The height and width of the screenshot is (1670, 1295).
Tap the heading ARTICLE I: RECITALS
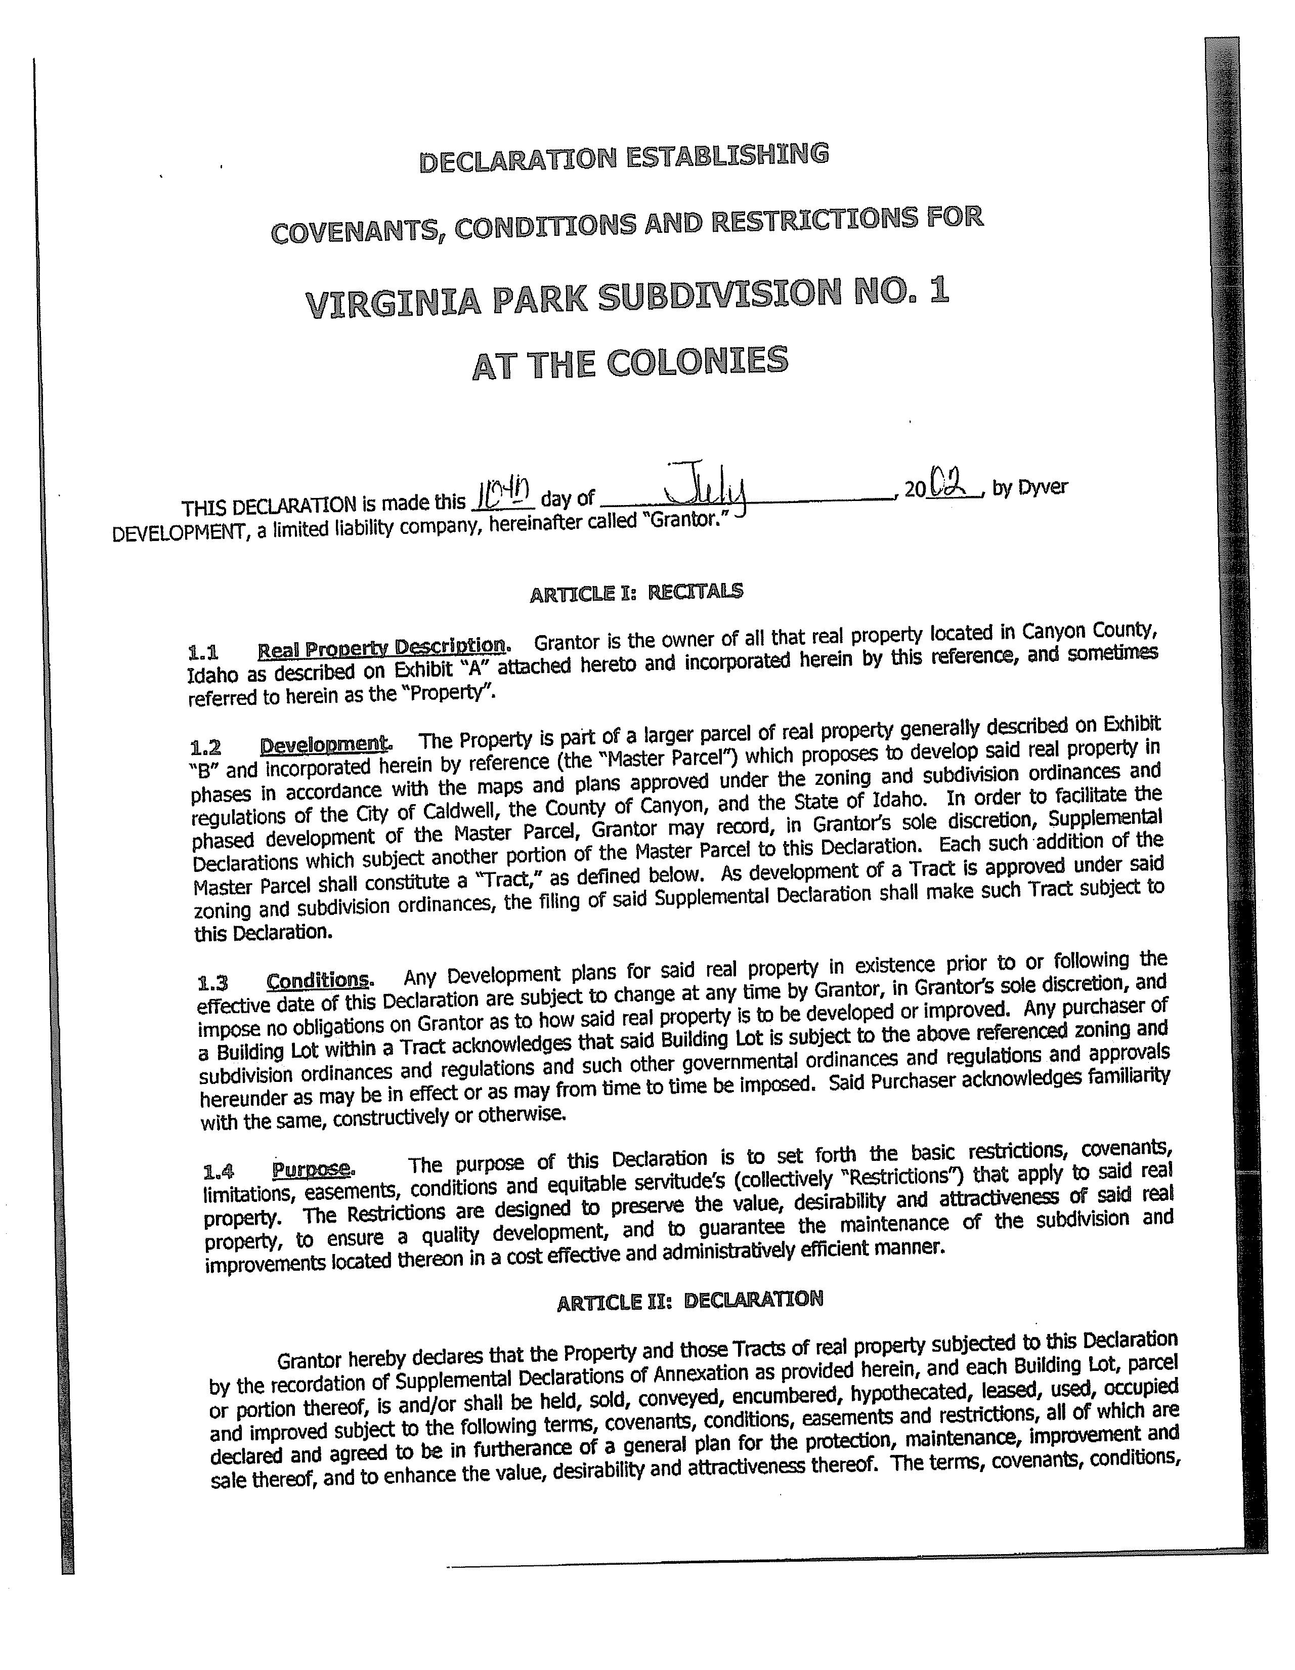tap(636, 592)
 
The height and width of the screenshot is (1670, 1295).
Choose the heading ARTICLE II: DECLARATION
tap(689, 1300)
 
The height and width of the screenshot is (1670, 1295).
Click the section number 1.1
tap(202, 653)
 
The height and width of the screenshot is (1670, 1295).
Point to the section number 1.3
tap(212, 983)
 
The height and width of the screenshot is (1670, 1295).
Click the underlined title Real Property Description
tap(381, 648)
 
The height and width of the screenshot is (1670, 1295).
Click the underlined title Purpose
tap(312, 1170)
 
